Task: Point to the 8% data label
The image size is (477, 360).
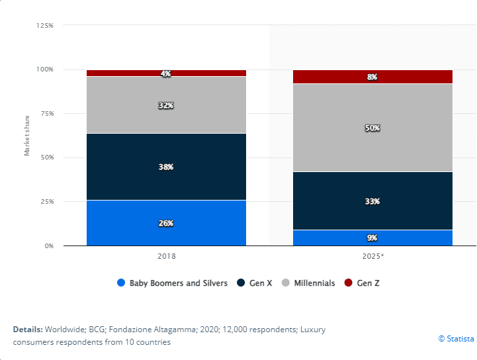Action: (x=372, y=77)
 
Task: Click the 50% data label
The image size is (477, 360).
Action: (x=372, y=128)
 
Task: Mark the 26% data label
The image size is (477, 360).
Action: (x=166, y=223)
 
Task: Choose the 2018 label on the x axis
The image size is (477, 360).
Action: (x=167, y=255)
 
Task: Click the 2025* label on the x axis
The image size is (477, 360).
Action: (x=372, y=255)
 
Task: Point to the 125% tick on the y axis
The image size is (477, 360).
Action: (x=45, y=25)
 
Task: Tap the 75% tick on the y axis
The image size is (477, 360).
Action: (x=45, y=113)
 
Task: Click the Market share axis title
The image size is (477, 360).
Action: (x=27, y=136)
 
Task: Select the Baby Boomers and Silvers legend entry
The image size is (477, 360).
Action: (x=178, y=283)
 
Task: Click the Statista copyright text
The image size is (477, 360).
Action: (x=456, y=339)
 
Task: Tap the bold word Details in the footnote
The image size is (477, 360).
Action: (x=27, y=329)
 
